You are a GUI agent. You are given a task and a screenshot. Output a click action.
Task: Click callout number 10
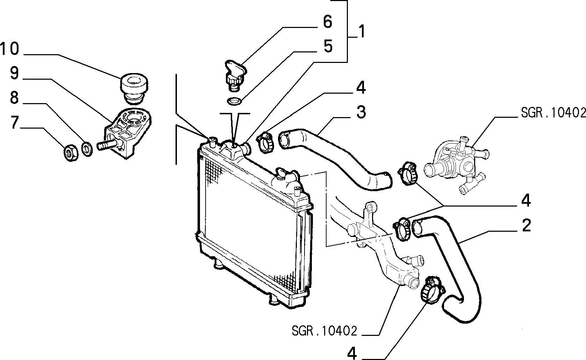coord(10,49)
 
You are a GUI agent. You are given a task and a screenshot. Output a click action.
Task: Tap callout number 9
coord(15,73)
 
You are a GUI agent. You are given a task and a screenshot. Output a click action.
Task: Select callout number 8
coord(14,98)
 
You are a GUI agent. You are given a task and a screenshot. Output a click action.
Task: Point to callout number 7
coord(15,122)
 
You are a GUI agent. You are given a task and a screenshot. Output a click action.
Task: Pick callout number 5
coord(328,46)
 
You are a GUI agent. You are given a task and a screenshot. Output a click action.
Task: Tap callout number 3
coord(361,113)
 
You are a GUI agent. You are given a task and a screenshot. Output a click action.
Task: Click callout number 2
coord(526,225)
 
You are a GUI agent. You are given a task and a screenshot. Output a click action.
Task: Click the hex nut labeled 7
coord(71,153)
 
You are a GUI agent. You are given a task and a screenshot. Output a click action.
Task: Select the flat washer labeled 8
coord(87,149)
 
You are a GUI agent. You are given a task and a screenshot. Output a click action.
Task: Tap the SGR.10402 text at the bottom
coord(324,331)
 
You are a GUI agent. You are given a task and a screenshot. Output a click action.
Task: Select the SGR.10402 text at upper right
coord(553,113)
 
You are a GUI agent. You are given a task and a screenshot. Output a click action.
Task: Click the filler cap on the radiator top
coord(282,174)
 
